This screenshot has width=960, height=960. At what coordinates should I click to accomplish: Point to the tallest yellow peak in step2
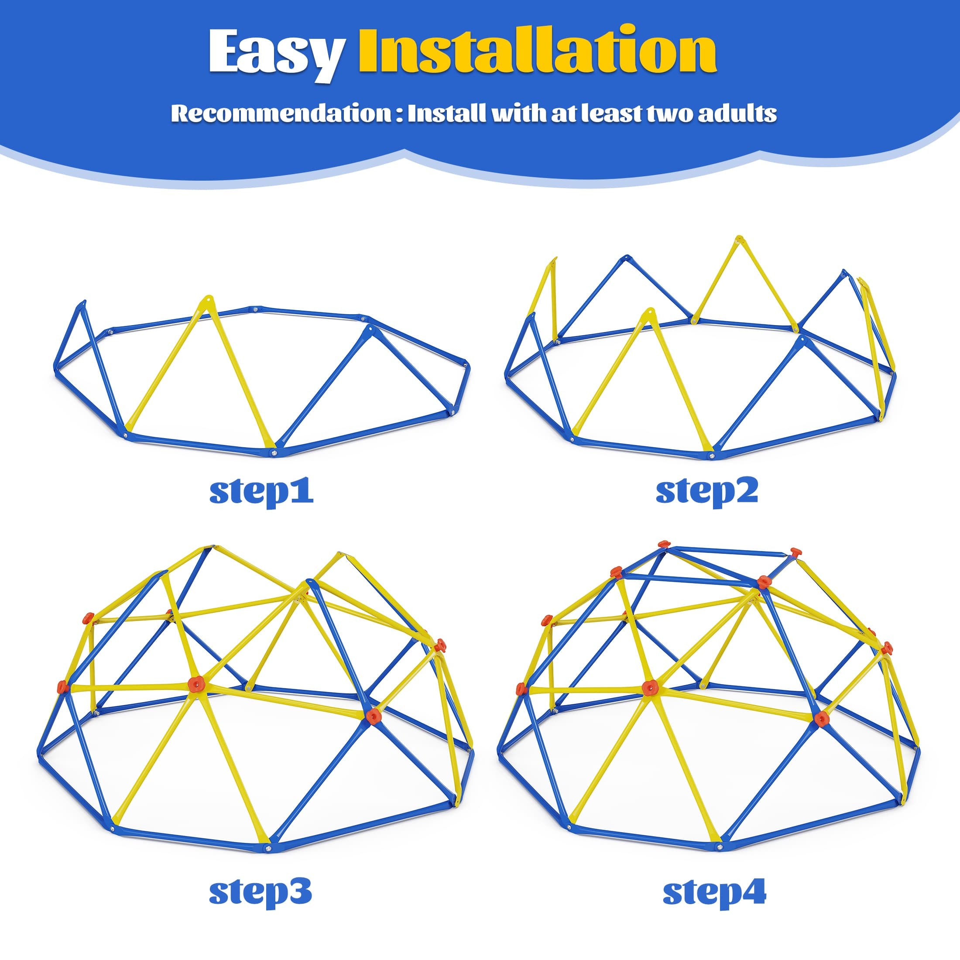[x=739, y=240]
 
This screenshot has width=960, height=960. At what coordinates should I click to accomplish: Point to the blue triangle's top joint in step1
[x=368, y=329]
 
